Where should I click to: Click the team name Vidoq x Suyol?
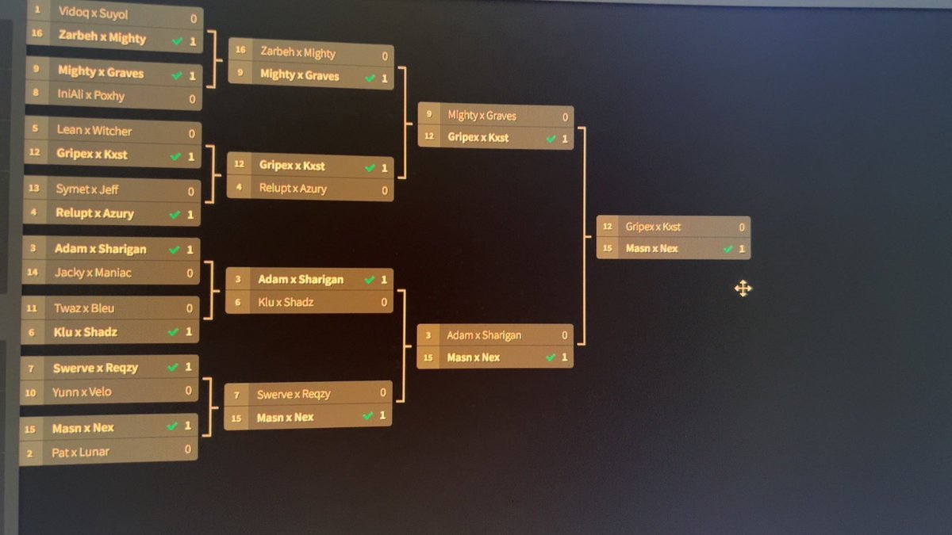click(93, 13)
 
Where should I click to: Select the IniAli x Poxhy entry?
click(91, 96)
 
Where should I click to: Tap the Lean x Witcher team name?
click(94, 131)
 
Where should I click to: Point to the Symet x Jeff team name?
click(87, 189)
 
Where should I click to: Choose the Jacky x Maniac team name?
click(93, 273)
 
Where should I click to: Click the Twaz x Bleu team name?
click(84, 308)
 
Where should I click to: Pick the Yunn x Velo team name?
click(82, 392)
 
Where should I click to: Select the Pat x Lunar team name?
click(80, 452)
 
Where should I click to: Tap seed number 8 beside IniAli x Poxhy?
click(36, 94)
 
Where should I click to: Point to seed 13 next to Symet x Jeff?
click(34, 189)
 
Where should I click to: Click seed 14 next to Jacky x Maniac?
click(33, 273)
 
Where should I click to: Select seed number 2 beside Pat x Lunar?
click(30, 453)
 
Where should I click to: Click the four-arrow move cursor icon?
click(743, 289)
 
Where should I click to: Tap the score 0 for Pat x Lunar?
click(188, 450)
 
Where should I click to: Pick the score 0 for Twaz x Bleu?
click(190, 308)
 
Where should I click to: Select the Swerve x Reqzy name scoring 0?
click(294, 395)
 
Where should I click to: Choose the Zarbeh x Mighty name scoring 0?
click(297, 53)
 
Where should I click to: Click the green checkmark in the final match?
click(728, 249)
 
